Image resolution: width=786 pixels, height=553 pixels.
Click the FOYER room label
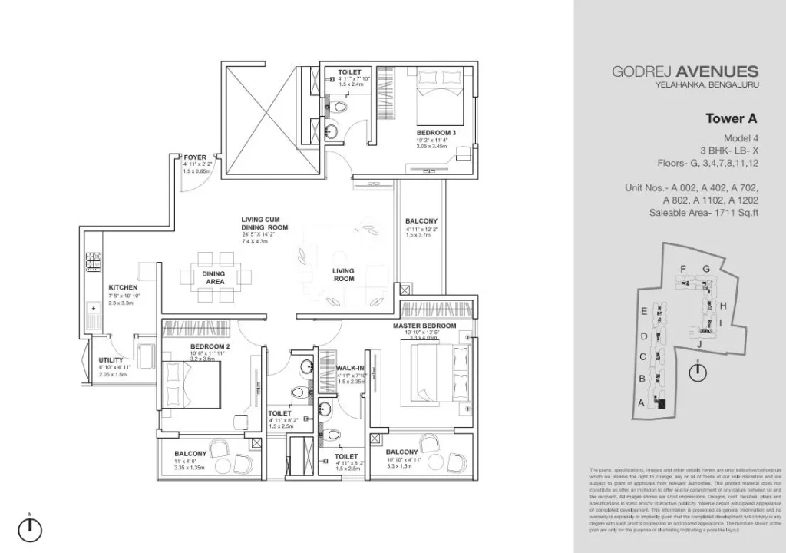coord(194,157)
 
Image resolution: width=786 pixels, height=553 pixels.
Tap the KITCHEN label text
coord(123,287)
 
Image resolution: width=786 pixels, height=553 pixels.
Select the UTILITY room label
coord(111,360)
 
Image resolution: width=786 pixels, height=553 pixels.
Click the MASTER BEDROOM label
coord(424,326)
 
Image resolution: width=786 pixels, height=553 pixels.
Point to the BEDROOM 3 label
coord(437,132)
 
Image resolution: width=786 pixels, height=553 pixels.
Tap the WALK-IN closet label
coord(350,368)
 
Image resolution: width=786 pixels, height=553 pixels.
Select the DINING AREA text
coord(214,277)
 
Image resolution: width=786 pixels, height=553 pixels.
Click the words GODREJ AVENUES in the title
coord(685,71)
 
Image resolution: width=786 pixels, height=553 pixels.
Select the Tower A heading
coord(731,118)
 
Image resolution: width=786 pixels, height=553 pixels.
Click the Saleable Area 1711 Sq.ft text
coord(703,213)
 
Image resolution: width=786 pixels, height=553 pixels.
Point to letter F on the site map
coord(682,268)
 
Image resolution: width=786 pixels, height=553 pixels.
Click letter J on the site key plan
coord(699,344)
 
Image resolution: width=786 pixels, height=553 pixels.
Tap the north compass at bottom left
coord(30,528)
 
